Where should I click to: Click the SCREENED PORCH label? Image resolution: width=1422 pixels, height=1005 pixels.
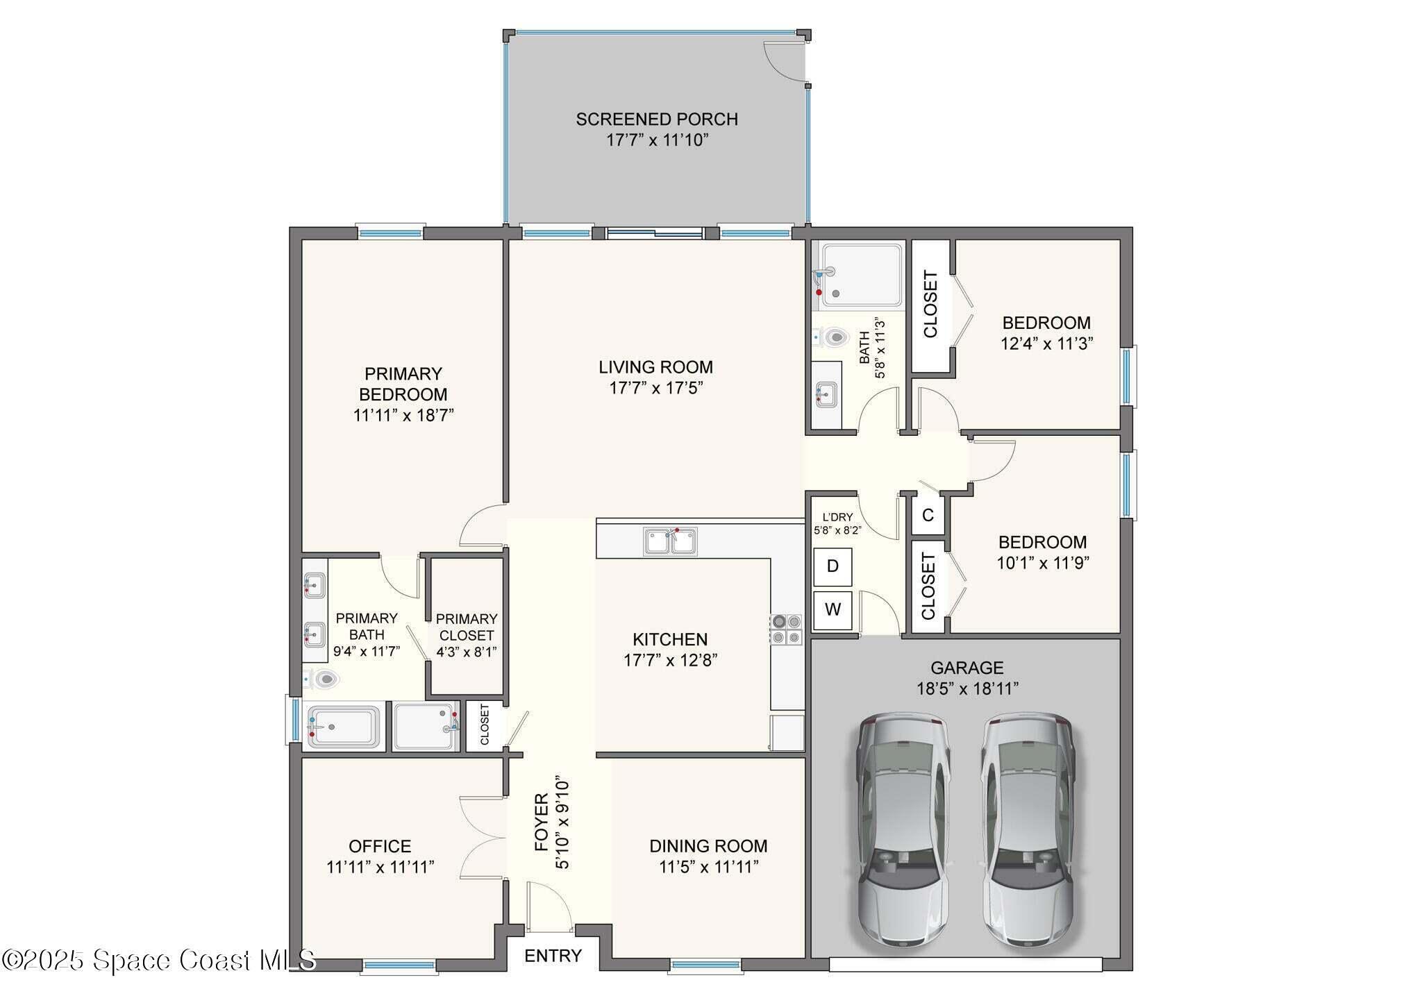pos(656,119)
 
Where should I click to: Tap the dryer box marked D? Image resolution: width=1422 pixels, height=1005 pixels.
pos(833,566)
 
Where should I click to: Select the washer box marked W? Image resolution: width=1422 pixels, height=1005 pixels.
pos(833,610)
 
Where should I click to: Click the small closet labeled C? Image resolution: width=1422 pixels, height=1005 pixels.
pos(928,516)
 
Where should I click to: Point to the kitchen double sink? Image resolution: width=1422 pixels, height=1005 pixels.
pos(670,541)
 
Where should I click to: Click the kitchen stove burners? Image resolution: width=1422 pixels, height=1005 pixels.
pos(786,629)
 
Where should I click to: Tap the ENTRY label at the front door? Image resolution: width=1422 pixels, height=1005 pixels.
pos(553,956)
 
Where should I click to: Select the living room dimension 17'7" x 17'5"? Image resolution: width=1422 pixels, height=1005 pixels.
pos(656,388)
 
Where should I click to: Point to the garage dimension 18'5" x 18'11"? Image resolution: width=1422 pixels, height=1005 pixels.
pos(967,689)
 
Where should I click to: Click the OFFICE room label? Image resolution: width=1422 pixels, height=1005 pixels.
pos(380,846)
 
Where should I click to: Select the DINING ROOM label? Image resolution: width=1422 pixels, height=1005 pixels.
pos(708,846)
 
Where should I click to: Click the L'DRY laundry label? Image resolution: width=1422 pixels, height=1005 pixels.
pos(837,517)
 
